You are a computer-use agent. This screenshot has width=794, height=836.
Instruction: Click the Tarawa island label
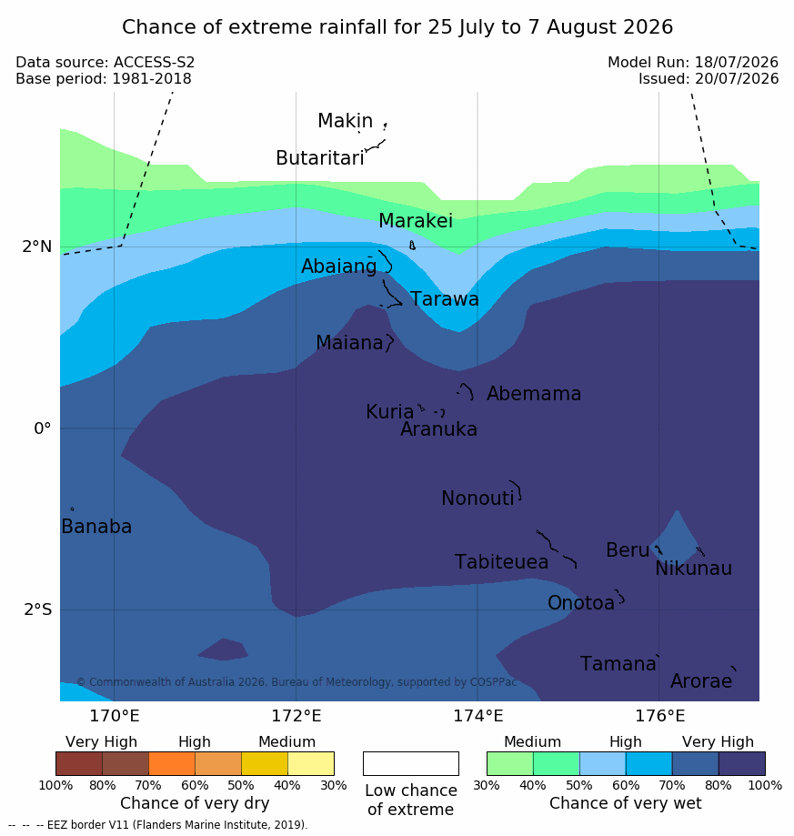(x=444, y=299)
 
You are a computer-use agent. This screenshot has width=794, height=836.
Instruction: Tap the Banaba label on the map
(x=96, y=526)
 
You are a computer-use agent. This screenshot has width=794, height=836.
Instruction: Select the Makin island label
(x=346, y=120)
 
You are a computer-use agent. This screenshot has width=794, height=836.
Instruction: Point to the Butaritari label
(x=320, y=157)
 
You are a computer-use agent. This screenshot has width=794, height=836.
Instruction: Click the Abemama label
(x=534, y=394)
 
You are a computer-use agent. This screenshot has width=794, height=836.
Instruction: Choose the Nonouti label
(x=477, y=498)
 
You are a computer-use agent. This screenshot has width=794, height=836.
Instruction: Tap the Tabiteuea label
(x=501, y=562)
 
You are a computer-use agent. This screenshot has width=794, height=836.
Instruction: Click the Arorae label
(x=701, y=680)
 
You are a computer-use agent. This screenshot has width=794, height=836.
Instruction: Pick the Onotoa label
(x=581, y=602)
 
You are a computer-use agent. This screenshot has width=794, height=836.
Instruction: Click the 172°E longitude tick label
(x=296, y=716)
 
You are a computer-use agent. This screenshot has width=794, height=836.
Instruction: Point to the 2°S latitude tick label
(x=38, y=609)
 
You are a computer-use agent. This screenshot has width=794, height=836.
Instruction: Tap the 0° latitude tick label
(x=42, y=428)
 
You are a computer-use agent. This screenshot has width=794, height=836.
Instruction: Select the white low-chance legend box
(x=411, y=763)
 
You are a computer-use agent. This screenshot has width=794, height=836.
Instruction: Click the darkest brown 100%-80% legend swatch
(x=79, y=763)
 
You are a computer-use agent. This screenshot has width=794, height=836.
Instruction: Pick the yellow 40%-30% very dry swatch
(x=311, y=763)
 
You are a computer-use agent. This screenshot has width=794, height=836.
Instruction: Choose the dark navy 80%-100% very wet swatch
(x=742, y=763)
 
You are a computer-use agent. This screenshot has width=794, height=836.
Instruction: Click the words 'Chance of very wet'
(x=626, y=803)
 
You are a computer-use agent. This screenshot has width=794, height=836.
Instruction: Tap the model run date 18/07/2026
(x=737, y=63)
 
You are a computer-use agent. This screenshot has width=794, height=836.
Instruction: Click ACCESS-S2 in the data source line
(x=154, y=63)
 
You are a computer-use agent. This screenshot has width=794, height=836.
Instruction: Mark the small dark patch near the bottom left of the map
(x=224, y=650)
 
